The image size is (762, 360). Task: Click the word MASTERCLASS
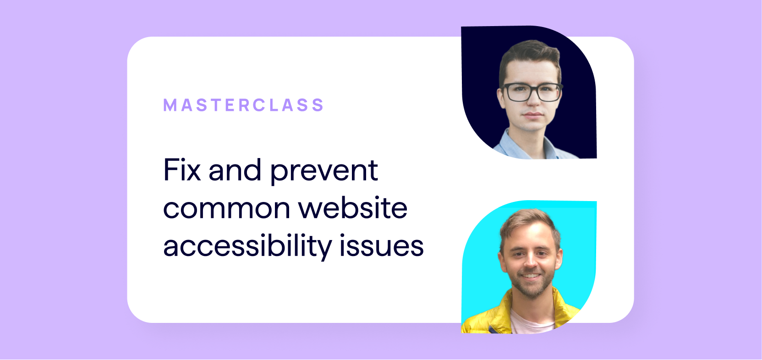244,105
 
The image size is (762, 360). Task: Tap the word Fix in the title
182,169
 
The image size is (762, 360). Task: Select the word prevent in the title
324,171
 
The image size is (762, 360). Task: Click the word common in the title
227,208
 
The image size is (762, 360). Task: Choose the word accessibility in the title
247,245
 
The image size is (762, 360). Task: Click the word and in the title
235,169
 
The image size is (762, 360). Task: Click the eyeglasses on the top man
532,92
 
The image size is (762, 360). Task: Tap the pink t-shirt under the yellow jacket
532,322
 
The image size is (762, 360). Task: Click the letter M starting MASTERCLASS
170,105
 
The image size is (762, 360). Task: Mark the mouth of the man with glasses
533,115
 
